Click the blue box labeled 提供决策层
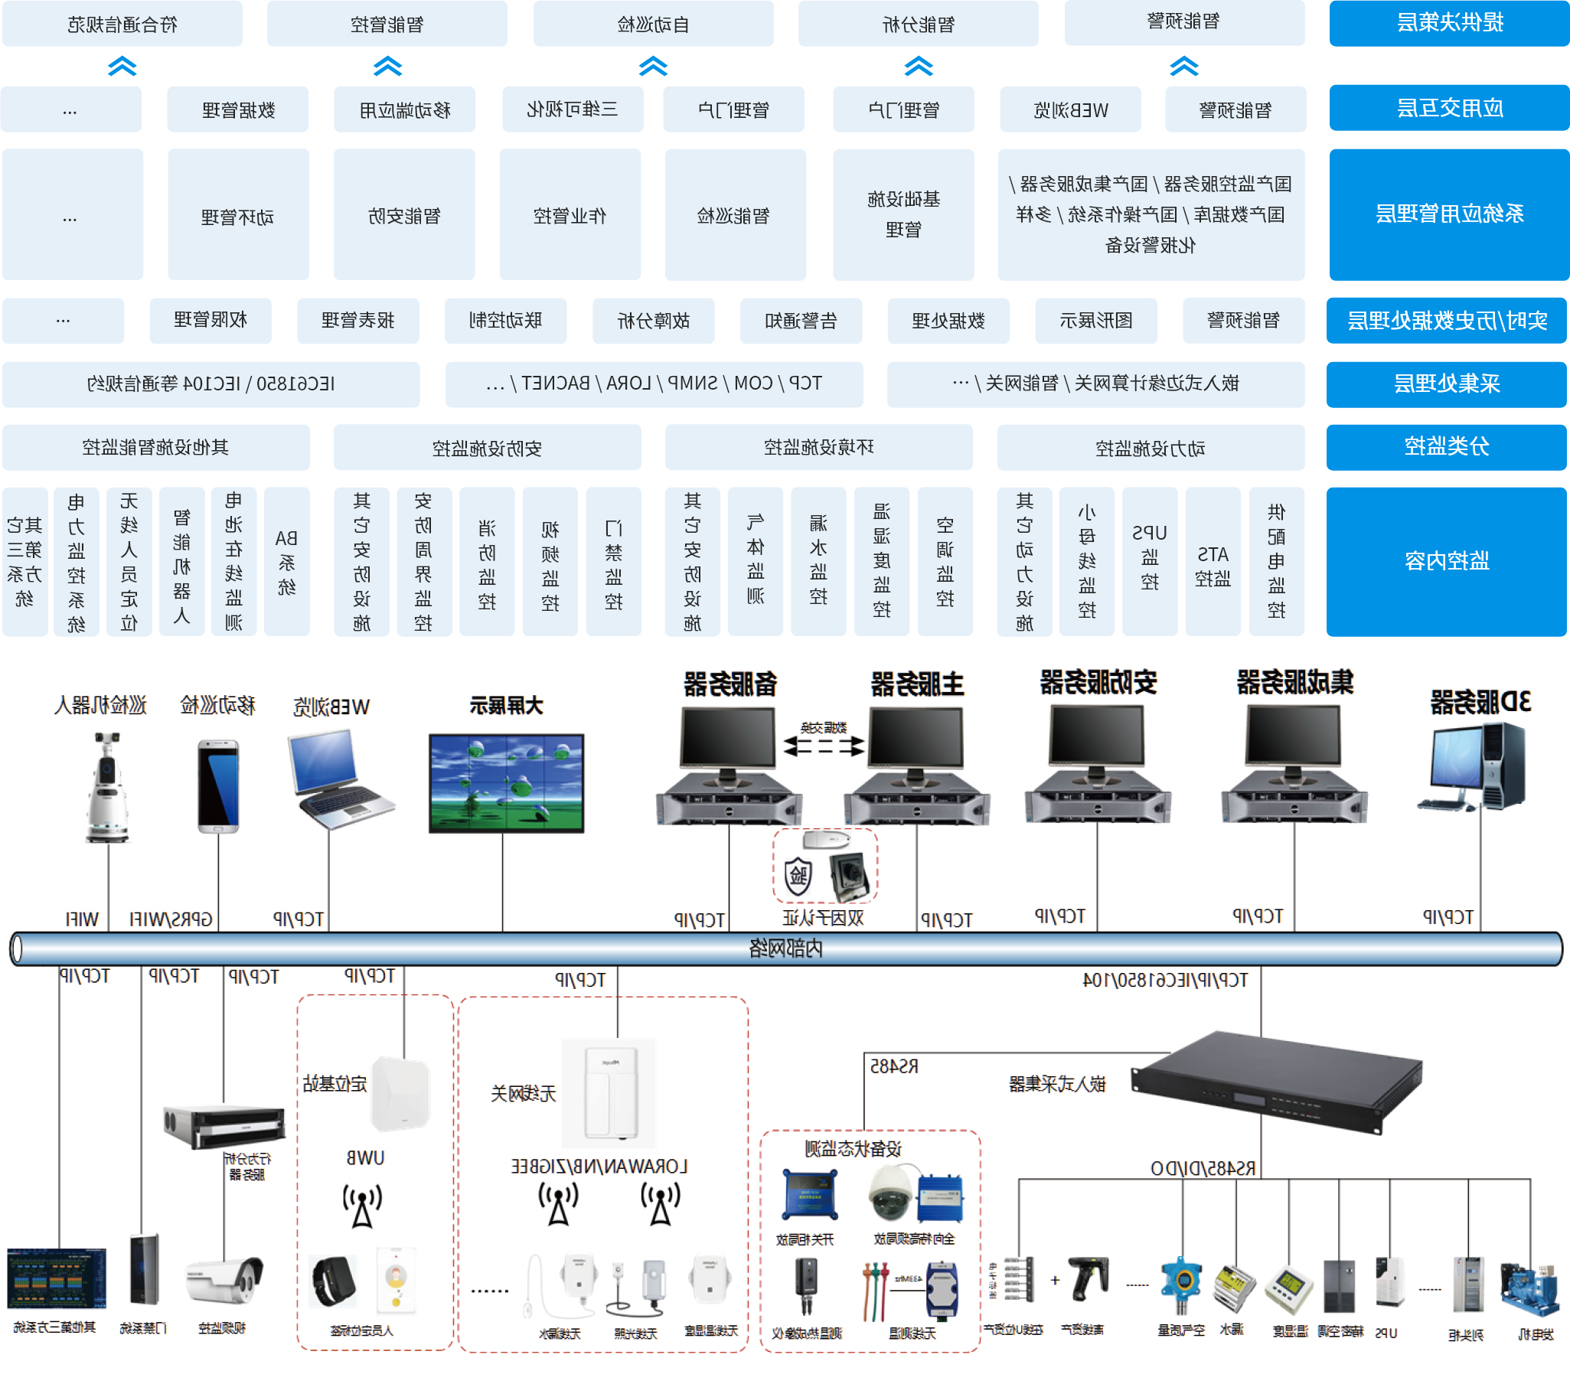tap(1448, 23)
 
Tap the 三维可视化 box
tap(572, 109)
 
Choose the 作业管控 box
tap(570, 215)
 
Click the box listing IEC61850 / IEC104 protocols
tap(211, 384)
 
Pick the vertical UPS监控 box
tap(1149, 560)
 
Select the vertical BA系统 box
tap(286, 560)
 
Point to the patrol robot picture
tap(107, 787)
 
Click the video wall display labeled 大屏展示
tap(506, 782)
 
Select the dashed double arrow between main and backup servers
tap(824, 746)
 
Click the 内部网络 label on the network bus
tap(785, 948)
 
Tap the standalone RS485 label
tap(893, 1066)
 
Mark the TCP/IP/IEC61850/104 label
tap(1164, 980)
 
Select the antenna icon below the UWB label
tap(362, 1206)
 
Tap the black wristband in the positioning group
tap(333, 1281)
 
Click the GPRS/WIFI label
tap(171, 919)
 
